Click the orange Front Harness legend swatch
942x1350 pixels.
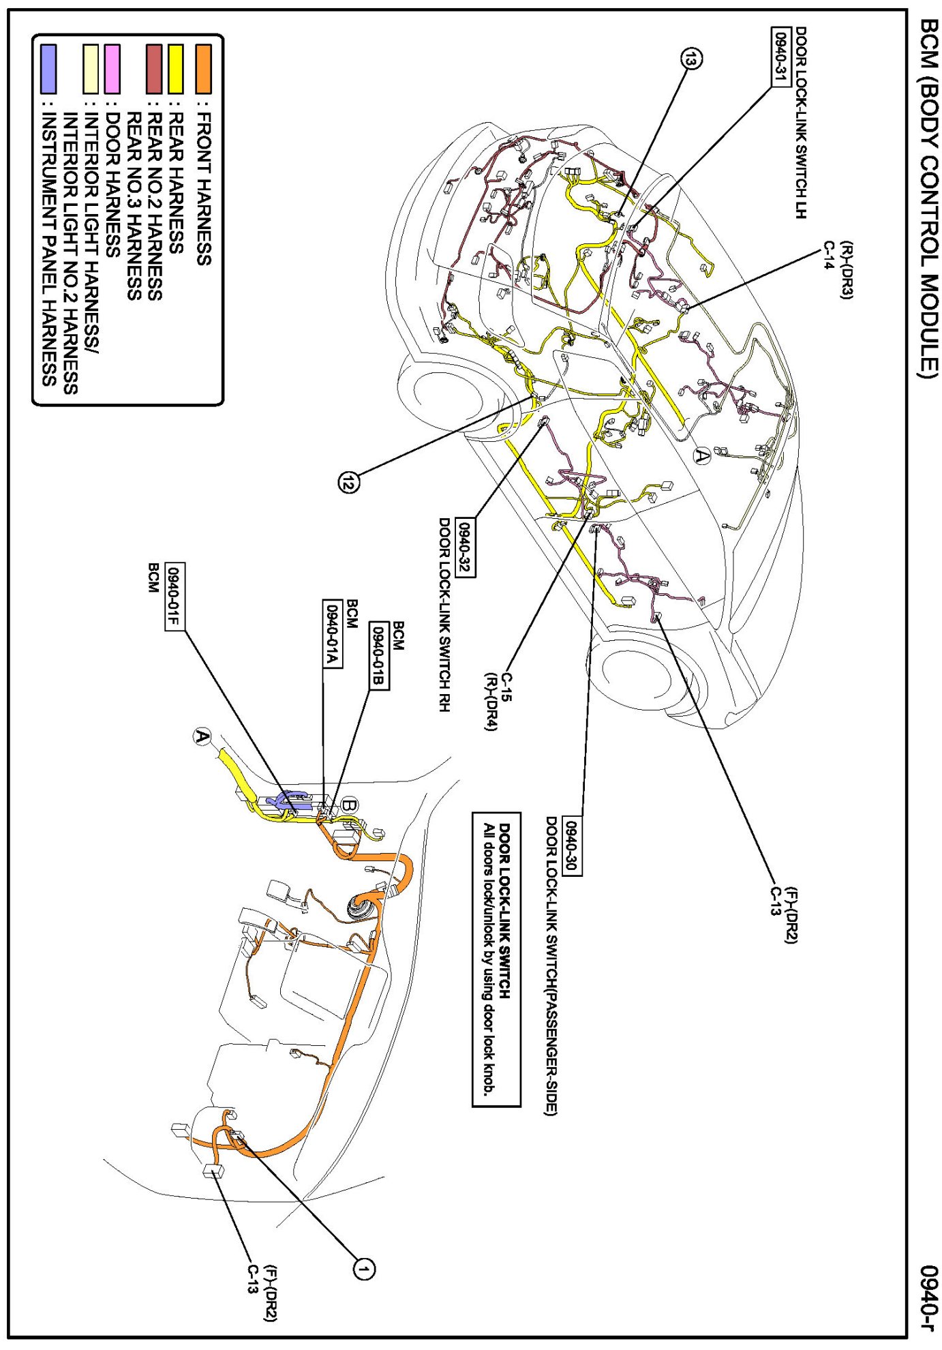[203, 69]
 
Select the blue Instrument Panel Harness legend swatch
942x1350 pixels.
[48, 69]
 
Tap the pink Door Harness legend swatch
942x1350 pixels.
[112, 69]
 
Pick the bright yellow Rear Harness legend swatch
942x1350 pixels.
[176, 69]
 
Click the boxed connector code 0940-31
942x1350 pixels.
[780, 57]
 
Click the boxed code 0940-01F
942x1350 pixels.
[175, 597]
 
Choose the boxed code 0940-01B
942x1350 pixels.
[378, 656]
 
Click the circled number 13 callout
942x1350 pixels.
[690, 60]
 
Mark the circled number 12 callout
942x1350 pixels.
[349, 483]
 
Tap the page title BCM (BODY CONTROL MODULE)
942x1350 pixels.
[929, 198]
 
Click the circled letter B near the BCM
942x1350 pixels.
[349, 805]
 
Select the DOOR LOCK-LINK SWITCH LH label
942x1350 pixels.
[800, 123]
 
